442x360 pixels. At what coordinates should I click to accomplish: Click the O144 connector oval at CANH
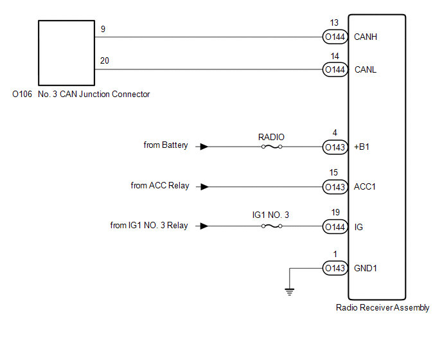(x=335, y=37)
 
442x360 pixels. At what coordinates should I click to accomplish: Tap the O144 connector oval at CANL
(x=335, y=69)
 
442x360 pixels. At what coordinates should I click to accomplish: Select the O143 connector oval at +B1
(x=335, y=147)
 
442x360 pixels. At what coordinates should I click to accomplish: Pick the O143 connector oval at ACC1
(x=335, y=187)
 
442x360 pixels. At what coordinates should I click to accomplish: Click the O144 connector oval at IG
(x=335, y=226)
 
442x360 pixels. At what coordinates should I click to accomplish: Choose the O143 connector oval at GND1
(x=335, y=267)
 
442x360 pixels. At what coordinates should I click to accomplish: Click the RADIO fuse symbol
(x=272, y=147)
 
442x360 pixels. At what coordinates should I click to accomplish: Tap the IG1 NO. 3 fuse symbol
(x=272, y=226)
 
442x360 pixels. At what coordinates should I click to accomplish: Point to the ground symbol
(x=290, y=292)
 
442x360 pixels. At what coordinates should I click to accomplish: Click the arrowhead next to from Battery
(x=204, y=147)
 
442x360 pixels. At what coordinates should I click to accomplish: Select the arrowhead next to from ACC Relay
(x=204, y=187)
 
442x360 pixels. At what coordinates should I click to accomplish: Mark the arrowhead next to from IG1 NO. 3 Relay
(x=204, y=226)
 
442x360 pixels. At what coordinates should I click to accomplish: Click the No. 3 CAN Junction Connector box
(x=67, y=53)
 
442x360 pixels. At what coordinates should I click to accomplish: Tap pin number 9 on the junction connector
(x=103, y=29)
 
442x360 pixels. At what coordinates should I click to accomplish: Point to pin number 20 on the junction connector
(x=105, y=60)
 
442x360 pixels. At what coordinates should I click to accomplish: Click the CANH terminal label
(x=366, y=37)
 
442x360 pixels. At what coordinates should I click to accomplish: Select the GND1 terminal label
(x=366, y=268)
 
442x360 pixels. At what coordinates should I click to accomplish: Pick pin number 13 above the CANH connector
(x=334, y=22)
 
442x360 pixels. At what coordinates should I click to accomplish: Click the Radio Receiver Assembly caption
(x=382, y=307)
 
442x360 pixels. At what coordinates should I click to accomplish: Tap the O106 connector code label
(x=22, y=94)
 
